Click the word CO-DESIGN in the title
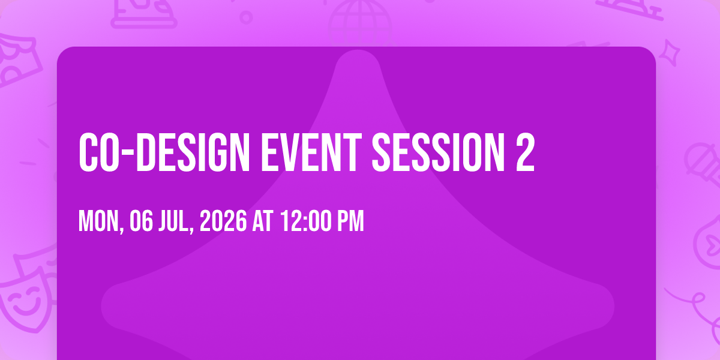click(x=164, y=152)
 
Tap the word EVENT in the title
click(x=311, y=152)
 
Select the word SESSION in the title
click(x=439, y=152)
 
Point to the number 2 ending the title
click(x=526, y=152)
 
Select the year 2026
click(x=223, y=221)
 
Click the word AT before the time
click(x=263, y=221)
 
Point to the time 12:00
click(x=305, y=221)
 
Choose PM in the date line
click(x=350, y=221)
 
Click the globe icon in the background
click(x=360, y=23)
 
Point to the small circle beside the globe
click(x=246, y=17)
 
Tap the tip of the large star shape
click(x=358, y=51)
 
